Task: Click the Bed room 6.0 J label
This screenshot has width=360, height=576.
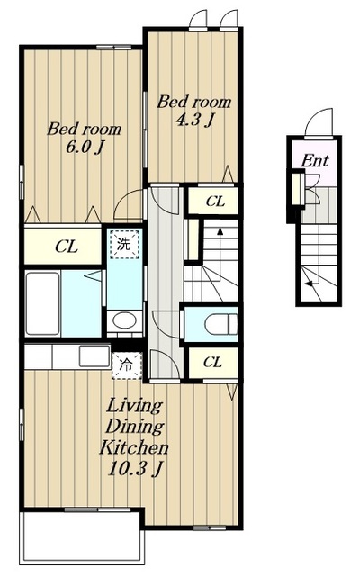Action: (x=84, y=138)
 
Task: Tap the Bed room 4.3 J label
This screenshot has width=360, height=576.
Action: (x=194, y=111)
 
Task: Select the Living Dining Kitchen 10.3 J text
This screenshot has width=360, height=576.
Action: (x=134, y=436)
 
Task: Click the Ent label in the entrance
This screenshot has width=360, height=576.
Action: (x=315, y=160)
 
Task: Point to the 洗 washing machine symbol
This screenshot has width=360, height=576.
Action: (x=124, y=245)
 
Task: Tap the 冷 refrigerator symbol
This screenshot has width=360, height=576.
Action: (x=127, y=365)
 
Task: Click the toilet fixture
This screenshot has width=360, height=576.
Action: (x=220, y=324)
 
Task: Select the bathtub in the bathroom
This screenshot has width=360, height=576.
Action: (x=42, y=303)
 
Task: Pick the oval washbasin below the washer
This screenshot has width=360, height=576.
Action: (x=124, y=320)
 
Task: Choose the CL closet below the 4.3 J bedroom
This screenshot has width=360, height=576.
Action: (x=213, y=201)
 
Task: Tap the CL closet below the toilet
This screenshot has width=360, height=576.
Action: (x=213, y=363)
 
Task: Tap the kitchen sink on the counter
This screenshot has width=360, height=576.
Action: (x=94, y=356)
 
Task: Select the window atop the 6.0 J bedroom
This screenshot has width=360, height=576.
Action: (x=113, y=47)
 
